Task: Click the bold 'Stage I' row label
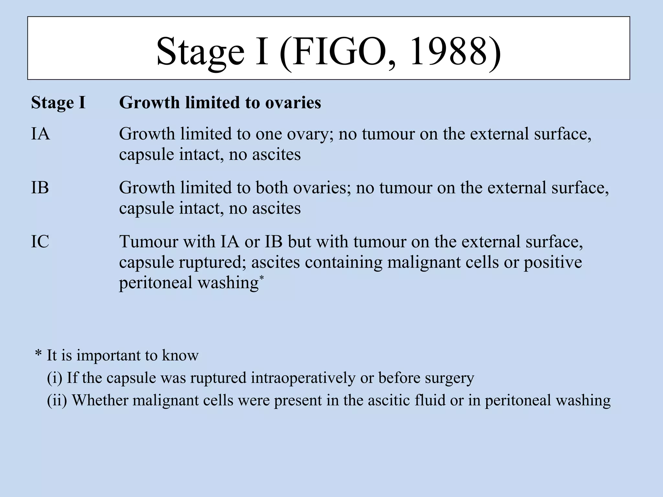[x=58, y=103]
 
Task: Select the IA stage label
[x=40, y=134]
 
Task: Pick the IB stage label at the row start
[x=40, y=188]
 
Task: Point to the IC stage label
[x=40, y=241]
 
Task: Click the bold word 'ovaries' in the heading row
[x=293, y=103]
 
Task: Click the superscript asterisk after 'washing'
[x=262, y=278]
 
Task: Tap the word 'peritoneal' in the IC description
[x=156, y=283]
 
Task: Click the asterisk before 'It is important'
[x=38, y=355]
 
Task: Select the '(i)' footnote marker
[x=54, y=378]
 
